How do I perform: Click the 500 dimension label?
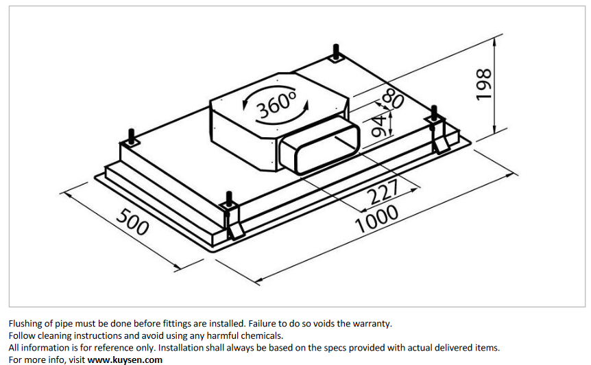[133, 222]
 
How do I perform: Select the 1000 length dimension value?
[376, 219]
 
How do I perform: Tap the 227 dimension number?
[383, 191]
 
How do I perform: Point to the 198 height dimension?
[484, 84]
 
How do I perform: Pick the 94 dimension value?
[379, 126]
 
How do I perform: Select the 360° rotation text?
[276, 104]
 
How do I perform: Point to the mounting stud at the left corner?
[132, 137]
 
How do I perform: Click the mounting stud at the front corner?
[229, 199]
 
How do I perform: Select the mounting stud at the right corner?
[434, 113]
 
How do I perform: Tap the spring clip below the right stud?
[439, 140]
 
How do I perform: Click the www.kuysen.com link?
[125, 360]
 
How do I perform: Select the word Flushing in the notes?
[25, 324]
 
